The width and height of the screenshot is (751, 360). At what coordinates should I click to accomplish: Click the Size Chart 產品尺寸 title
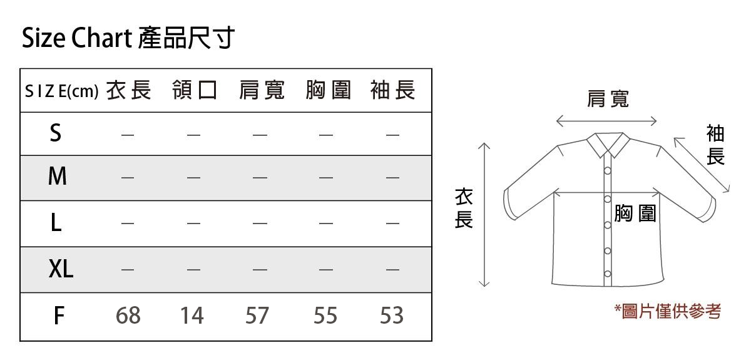pyautogui.click(x=128, y=38)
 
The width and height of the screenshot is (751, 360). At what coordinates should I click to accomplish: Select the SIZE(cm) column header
pyautogui.click(x=62, y=91)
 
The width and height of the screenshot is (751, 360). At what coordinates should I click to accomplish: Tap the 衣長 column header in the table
pyautogui.click(x=129, y=90)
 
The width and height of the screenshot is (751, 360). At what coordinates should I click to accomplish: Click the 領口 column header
pyautogui.click(x=195, y=90)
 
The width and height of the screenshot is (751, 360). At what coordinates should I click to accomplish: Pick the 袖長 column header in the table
pyautogui.click(x=393, y=90)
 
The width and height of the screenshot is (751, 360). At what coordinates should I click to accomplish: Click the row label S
pyautogui.click(x=56, y=133)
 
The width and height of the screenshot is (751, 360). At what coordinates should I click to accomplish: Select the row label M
pyautogui.click(x=58, y=176)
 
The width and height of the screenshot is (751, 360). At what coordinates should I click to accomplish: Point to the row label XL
pyautogui.click(x=61, y=269)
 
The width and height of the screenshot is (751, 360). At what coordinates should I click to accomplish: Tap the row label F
pyautogui.click(x=59, y=316)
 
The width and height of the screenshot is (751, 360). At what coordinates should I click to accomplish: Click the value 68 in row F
pyautogui.click(x=128, y=316)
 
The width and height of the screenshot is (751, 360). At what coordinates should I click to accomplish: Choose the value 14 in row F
pyautogui.click(x=192, y=316)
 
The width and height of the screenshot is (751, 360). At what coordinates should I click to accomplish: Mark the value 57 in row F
pyautogui.click(x=257, y=316)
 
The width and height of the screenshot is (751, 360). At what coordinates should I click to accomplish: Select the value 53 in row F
pyautogui.click(x=392, y=316)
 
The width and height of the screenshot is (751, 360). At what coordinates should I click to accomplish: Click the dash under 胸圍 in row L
pyautogui.click(x=326, y=223)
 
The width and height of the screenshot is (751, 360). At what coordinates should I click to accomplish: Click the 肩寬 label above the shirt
pyautogui.click(x=608, y=99)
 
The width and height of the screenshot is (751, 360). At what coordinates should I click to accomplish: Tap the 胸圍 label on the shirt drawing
pyautogui.click(x=635, y=213)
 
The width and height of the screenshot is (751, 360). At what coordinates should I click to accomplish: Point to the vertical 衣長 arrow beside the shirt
pyautogui.click(x=484, y=215)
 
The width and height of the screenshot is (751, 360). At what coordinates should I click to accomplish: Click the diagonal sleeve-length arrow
pyautogui.click(x=702, y=165)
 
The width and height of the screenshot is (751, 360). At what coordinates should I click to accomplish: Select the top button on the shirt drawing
pyautogui.click(x=608, y=171)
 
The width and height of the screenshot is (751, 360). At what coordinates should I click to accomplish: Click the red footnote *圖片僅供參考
pyautogui.click(x=668, y=311)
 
